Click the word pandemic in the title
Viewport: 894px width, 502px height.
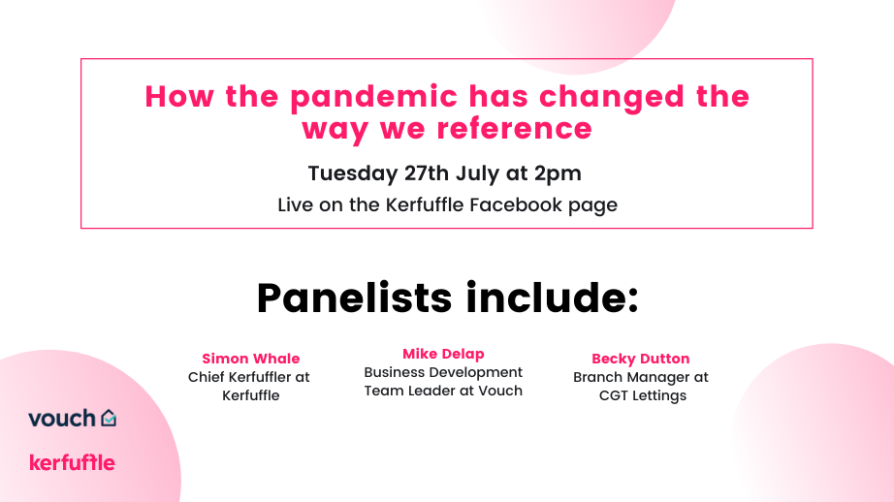tap(373, 98)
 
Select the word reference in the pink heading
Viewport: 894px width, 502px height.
tap(515, 128)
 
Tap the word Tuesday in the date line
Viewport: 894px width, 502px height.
tap(352, 173)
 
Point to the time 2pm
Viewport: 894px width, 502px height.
tap(558, 173)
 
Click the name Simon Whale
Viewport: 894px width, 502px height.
tap(251, 359)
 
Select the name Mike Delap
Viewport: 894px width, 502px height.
tap(443, 354)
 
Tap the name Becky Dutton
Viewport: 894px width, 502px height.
tap(640, 359)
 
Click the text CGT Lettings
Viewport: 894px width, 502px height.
tap(643, 395)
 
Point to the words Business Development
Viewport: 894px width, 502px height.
tap(443, 372)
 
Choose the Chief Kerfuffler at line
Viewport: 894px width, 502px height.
tap(248, 377)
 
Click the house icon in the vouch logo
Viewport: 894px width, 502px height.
tap(109, 418)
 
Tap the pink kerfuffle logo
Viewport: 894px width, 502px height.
tap(72, 462)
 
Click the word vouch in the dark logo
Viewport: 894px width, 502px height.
tap(62, 419)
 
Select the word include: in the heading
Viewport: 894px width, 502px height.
tap(552, 298)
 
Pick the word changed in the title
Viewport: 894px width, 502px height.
tap(611, 98)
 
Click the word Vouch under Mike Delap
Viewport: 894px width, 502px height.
tap(500, 391)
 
